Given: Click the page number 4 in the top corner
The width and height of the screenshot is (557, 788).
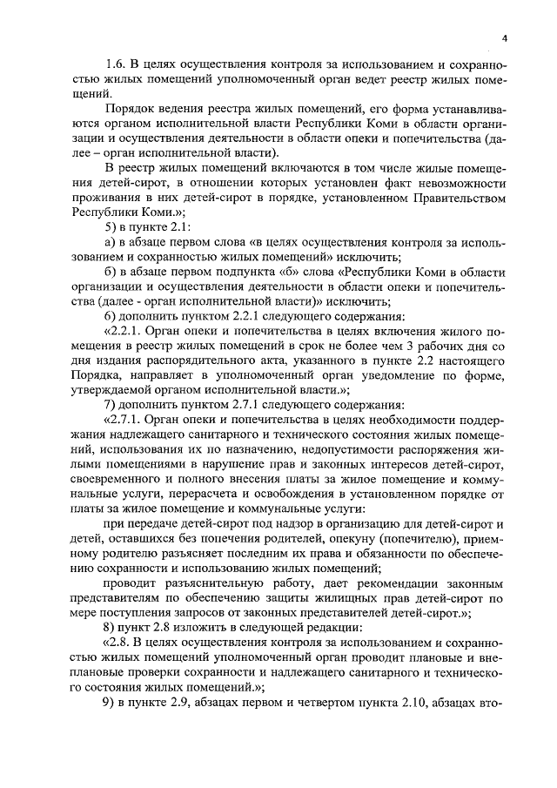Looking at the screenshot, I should (x=504, y=38).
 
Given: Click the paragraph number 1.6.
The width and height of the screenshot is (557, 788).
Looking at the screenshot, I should (x=116, y=65).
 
